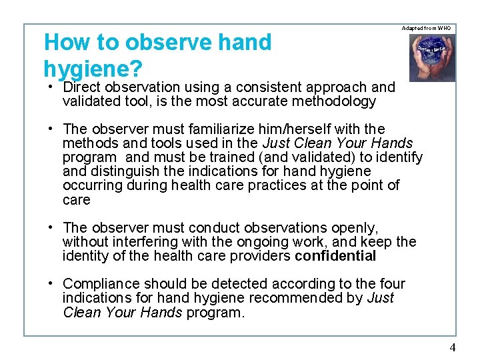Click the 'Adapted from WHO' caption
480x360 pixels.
(427, 28)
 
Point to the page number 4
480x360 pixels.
(453, 347)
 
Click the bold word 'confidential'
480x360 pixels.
(335, 256)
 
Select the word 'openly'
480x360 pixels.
(356, 227)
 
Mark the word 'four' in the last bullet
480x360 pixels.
(391, 284)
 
